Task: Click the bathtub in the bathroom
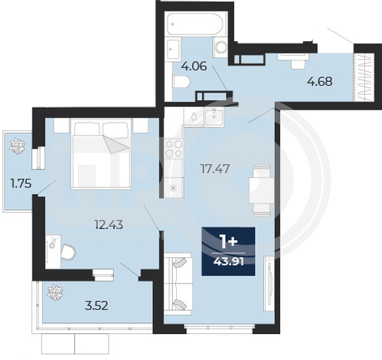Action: [x=195, y=24]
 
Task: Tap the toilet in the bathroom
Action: [x=181, y=82]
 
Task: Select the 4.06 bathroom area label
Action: [x=194, y=66]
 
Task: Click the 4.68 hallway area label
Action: [x=320, y=81]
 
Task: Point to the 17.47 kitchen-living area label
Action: [x=215, y=169]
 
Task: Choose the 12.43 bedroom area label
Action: [x=109, y=224]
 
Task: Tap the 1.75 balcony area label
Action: [x=21, y=183]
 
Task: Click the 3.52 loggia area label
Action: [x=96, y=306]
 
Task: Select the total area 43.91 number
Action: [x=228, y=261]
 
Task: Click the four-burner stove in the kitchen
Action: [x=174, y=149]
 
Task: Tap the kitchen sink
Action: [x=214, y=116]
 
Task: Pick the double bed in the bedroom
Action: [x=101, y=154]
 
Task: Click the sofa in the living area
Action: [x=178, y=284]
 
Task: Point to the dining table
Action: [x=262, y=190]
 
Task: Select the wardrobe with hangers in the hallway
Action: [x=364, y=77]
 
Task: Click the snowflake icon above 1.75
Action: [x=18, y=146]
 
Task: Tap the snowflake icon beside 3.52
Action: [x=55, y=293]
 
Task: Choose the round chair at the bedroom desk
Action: [x=68, y=252]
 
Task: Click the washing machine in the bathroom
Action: [x=220, y=47]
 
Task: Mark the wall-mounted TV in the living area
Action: [x=269, y=283]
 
